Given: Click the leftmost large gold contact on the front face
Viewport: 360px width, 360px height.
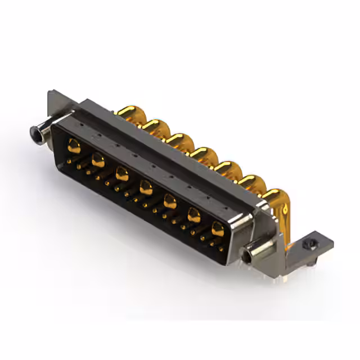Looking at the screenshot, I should click(x=74, y=147).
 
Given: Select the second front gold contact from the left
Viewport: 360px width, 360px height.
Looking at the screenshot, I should click(x=98, y=161).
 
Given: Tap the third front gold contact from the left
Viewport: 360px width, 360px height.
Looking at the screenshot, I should click(x=122, y=174).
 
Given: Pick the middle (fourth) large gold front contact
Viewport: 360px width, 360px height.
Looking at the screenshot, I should click(x=146, y=187).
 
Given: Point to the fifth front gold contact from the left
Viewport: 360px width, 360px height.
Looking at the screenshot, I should click(x=170, y=200).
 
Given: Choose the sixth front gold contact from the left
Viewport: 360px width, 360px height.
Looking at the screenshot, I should click(x=194, y=214).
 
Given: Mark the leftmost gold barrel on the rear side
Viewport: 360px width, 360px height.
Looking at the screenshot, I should click(x=131, y=114).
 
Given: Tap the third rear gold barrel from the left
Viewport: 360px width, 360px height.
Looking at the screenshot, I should click(x=179, y=141).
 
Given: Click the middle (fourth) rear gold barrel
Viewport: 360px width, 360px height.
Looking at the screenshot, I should click(x=203, y=155).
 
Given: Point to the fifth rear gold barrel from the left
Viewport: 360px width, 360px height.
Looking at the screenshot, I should click(x=227, y=169).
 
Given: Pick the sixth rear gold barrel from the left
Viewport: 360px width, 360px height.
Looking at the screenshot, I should click(x=251, y=183).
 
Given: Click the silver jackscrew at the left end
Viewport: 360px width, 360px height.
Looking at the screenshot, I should click(x=39, y=133).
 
